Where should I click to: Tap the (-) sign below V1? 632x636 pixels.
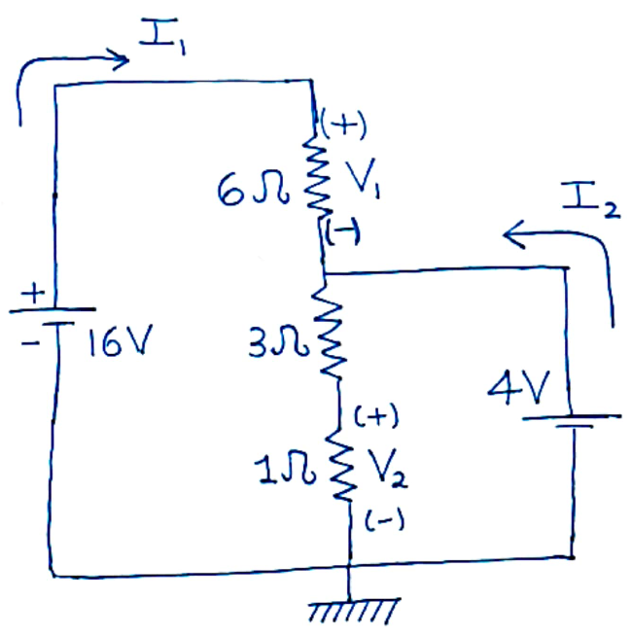pos(343,230)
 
